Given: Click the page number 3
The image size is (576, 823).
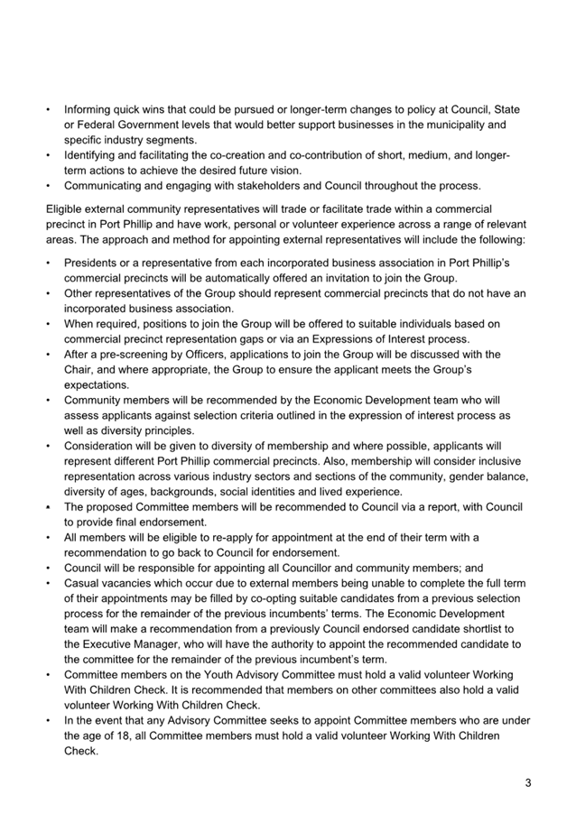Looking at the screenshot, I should (528, 782).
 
